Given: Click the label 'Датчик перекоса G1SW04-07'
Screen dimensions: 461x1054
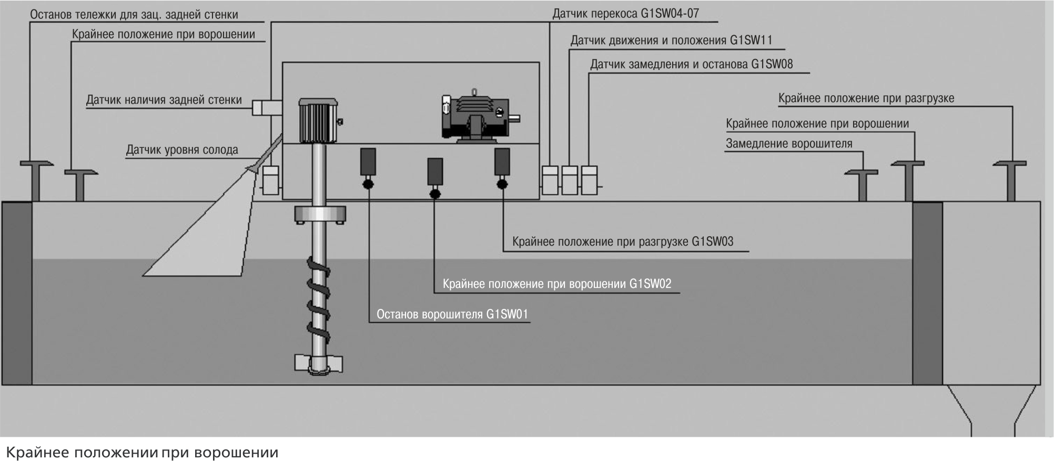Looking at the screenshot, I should pyautogui.click(x=625, y=14).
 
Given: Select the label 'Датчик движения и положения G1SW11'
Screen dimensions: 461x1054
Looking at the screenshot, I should pyautogui.click(x=671, y=41).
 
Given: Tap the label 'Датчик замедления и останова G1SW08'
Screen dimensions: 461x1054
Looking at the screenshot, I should pyautogui.click(x=691, y=65).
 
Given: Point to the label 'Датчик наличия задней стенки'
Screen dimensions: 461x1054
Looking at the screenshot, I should pyautogui.click(x=164, y=100).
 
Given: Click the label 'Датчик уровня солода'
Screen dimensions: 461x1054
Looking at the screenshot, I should pyautogui.click(x=182, y=150).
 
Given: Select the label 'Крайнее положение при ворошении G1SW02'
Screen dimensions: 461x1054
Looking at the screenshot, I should pyautogui.click(x=557, y=284).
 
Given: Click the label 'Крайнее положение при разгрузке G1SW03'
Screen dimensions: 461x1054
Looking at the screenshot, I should pyautogui.click(x=623, y=242).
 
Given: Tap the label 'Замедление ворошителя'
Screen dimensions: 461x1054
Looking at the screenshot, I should pyautogui.click(x=789, y=144).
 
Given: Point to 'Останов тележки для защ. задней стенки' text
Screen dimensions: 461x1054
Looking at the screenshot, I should pyautogui.click(x=134, y=15).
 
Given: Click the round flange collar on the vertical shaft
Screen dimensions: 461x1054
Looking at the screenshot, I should pyautogui.click(x=320, y=214).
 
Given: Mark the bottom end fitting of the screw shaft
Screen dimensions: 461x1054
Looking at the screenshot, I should pyautogui.click(x=319, y=364).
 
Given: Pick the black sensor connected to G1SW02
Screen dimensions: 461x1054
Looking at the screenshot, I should pyautogui.click(x=434, y=172).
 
